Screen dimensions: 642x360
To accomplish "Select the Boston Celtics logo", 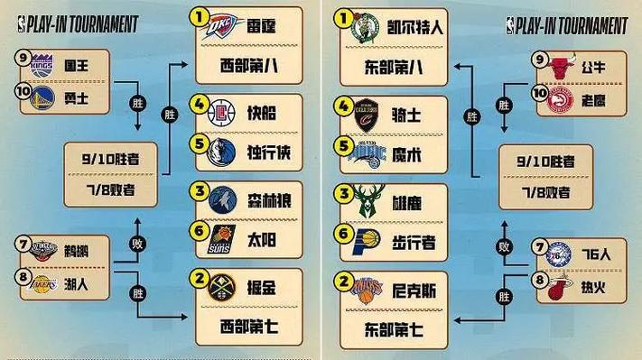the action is (364, 28).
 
